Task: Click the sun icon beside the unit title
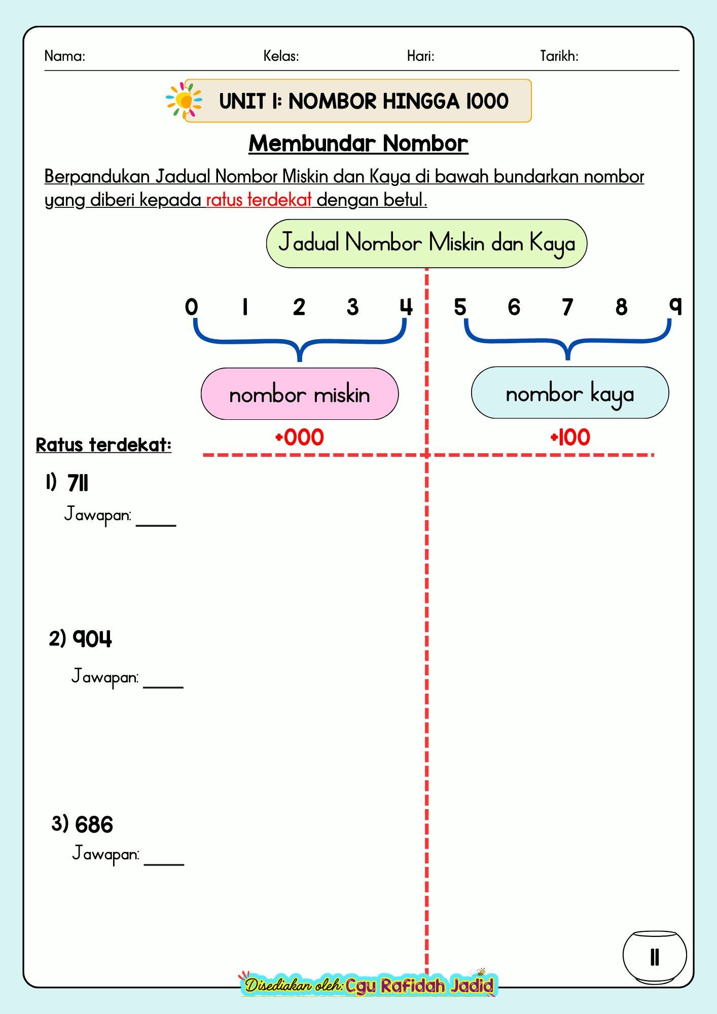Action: point(184,101)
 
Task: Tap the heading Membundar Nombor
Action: point(358,143)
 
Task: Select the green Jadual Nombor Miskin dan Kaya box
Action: point(426,243)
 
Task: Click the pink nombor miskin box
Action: point(300,394)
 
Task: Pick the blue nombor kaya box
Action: point(570,393)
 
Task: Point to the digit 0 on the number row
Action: point(191,307)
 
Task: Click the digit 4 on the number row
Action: point(406,307)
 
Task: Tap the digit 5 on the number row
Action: point(460,307)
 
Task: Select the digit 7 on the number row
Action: point(567,307)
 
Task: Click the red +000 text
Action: point(299,437)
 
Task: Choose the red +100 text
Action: point(570,437)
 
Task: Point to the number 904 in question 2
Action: point(92,639)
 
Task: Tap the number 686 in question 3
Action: point(94,825)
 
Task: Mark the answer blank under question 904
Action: point(163,687)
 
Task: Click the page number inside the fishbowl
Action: point(655,957)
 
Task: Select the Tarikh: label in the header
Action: point(559,56)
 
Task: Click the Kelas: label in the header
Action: point(281,56)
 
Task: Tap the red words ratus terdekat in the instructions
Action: point(259,200)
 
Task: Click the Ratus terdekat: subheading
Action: point(103,445)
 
